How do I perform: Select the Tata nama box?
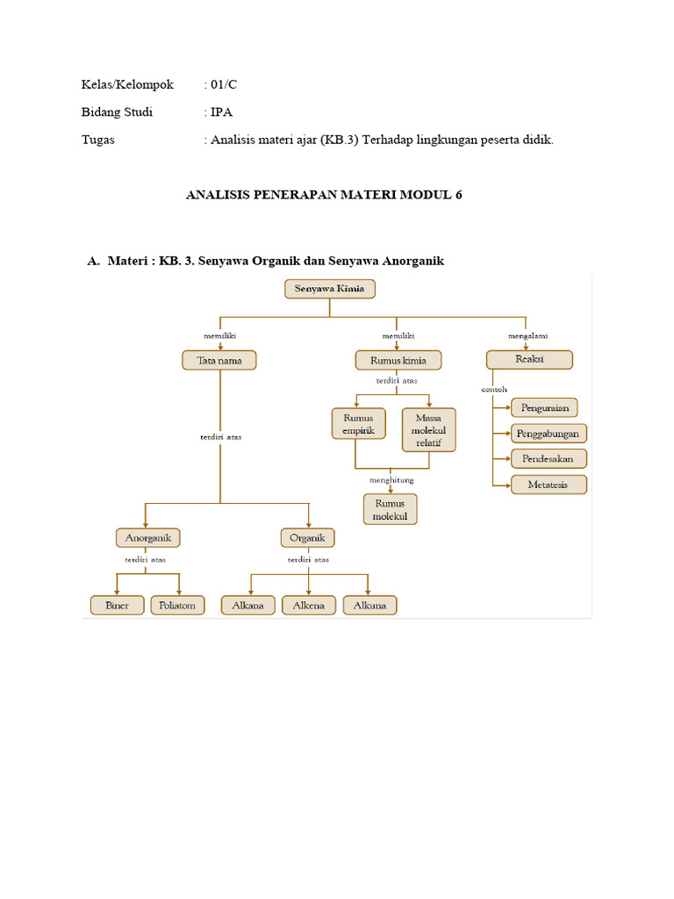219,360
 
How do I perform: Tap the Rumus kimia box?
398,360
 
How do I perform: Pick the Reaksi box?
529,360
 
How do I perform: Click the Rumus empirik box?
358,424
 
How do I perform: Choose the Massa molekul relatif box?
429,430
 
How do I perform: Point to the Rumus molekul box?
391,509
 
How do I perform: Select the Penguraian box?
545,407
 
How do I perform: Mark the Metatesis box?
549,484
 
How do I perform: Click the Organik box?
307,537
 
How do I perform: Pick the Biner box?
117,605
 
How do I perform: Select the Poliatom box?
177,605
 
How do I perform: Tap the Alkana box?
248,605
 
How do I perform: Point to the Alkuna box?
369,605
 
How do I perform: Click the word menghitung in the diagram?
391,480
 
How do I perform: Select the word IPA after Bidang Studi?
221,112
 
